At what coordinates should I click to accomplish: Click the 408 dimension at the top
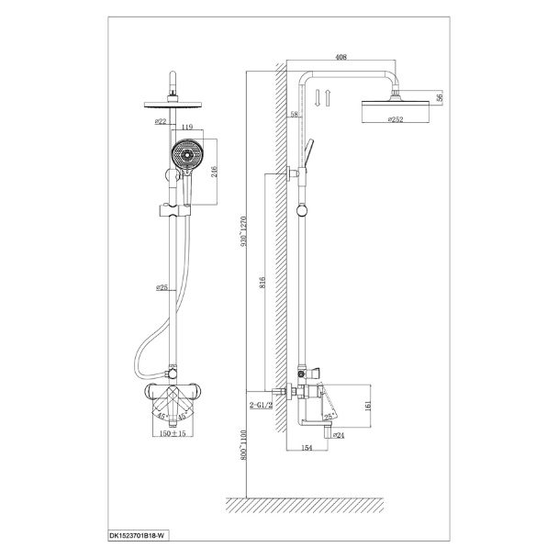(340, 57)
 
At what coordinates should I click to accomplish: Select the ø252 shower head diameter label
(396, 119)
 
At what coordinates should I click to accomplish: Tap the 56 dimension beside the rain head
(440, 97)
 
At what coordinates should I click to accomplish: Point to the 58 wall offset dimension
(294, 114)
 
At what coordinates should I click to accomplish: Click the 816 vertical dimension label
(262, 283)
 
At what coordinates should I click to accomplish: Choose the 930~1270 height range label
(243, 231)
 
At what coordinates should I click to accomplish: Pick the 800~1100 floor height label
(243, 444)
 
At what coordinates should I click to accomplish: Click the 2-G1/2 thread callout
(261, 405)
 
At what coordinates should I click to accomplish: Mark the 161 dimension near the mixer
(368, 406)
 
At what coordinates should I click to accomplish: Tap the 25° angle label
(329, 416)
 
